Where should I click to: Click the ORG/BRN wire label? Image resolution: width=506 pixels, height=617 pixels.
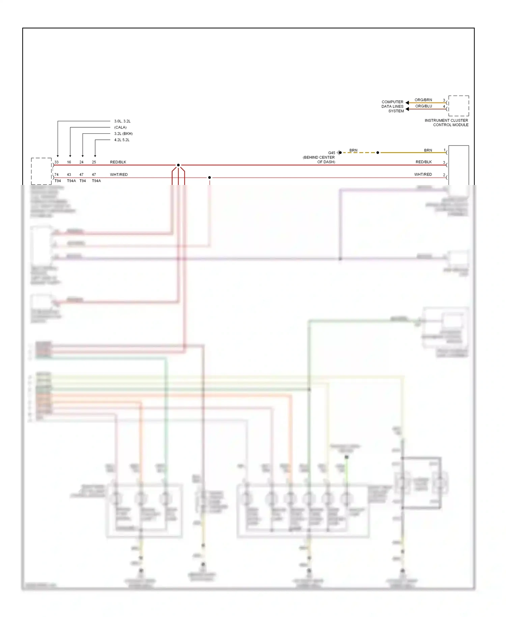[x=423, y=100]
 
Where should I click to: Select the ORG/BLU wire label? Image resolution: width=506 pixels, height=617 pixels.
[x=423, y=106]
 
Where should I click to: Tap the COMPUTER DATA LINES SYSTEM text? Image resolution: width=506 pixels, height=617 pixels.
[x=393, y=106]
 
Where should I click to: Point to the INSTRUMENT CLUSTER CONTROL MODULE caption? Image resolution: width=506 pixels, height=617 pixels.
[x=446, y=123]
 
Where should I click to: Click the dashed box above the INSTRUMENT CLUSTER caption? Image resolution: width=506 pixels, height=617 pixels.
[x=458, y=106]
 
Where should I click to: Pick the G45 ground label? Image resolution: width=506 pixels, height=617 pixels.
[x=332, y=153]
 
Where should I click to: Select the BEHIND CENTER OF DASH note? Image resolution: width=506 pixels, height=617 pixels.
[x=319, y=160]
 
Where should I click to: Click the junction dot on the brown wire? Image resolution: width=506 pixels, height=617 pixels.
[x=377, y=153]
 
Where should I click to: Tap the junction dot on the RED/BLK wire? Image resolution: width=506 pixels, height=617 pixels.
[x=178, y=165]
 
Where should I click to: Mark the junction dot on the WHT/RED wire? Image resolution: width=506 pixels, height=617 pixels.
[x=209, y=178]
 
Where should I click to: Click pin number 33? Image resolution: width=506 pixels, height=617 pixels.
[x=56, y=162]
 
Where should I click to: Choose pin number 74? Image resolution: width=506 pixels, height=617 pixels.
[x=56, y=175]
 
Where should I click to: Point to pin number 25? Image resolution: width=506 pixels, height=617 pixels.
[x=94, y=162]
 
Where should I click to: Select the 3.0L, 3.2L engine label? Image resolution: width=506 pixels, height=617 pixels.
[x=122, y=121]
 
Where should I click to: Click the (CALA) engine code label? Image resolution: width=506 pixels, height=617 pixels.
[x=120, y=127]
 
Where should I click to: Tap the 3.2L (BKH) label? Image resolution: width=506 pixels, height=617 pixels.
[x=123, y=134]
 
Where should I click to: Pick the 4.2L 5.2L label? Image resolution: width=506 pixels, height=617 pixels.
[x=122, y=140]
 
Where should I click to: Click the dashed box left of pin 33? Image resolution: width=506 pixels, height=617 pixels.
[x=41, y=171]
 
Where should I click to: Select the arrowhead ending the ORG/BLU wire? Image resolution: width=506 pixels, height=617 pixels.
[x=407, y=109]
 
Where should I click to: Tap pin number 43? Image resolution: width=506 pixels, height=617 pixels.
[x=69, y=175]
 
